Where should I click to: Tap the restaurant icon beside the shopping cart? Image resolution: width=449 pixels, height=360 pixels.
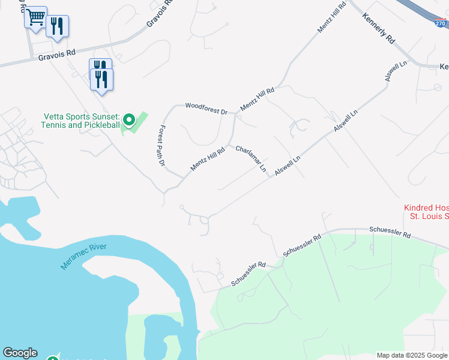click(57, 26)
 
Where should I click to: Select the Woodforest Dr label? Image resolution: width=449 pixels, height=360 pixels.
click(206, 109)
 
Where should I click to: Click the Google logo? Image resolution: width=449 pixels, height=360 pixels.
click(20, 353)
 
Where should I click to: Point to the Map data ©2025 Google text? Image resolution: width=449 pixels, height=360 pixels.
click(412, 355)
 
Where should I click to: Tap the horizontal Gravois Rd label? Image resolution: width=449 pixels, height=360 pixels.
click(56, 55)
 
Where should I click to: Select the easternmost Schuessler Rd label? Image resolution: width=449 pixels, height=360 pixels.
click(390, 230)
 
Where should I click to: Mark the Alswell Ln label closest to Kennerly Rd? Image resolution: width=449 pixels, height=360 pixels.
click(396, 71)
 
